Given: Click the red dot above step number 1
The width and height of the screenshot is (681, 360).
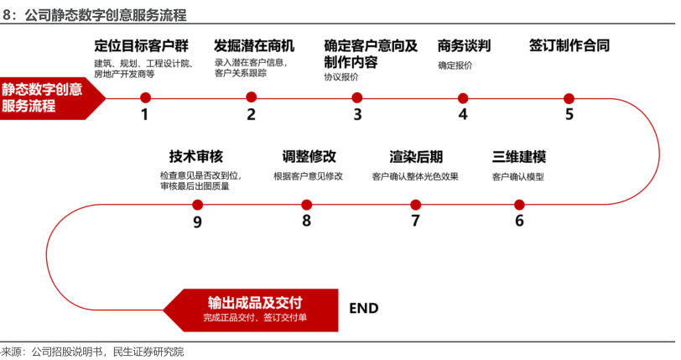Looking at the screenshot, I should (x=145, y=97).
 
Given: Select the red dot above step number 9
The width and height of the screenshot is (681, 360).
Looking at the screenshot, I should (x=198, y=204).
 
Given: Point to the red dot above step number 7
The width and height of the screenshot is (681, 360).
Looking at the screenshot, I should (x=415, y=204).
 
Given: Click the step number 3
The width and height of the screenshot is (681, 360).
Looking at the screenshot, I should (x=357, y=115).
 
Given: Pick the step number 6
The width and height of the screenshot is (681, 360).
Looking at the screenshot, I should (x=519, y=222).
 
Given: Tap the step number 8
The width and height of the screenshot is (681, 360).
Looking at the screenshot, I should (x=306, y=222).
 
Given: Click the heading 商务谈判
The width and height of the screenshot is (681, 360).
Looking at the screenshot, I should (x=464, y=45).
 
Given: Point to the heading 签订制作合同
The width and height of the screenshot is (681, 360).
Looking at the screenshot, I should (x=569, y=45).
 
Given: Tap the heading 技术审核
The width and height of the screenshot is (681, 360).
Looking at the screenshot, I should (x=196, y=157).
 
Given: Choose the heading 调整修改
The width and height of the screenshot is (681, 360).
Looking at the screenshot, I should (x=309, y=157).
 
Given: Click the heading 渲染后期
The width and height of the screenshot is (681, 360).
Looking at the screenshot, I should (x=416, y=157).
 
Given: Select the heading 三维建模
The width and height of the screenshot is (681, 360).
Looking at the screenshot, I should (x=519, y=157).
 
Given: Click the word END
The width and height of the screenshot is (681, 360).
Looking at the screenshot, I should (x=363, y=308).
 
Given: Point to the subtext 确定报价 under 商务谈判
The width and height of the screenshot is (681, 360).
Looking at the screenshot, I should (x=455, y=65).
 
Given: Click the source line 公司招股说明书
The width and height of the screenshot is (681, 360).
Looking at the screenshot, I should (x=66, y=352).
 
